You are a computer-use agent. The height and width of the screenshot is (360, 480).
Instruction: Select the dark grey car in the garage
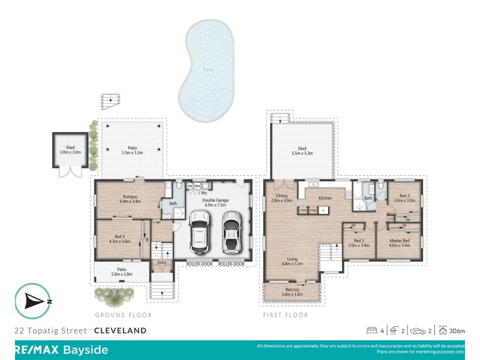point(199,232)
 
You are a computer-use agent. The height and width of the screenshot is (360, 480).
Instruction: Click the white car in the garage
point(231,233)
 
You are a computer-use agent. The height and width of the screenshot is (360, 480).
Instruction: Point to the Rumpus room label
point(130,199)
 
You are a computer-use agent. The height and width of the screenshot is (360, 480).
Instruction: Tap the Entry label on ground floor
point(161,262)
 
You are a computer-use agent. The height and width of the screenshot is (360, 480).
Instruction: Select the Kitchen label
point(325,197)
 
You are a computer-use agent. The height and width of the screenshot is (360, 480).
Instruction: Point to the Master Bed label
point(400,242)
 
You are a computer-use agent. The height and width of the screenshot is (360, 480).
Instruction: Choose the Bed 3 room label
point(358,242)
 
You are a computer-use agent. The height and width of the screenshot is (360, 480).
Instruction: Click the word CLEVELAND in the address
point(120,331)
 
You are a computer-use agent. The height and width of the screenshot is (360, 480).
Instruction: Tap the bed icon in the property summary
point(372,331)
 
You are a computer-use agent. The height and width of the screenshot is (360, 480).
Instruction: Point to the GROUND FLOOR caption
point(123,315)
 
